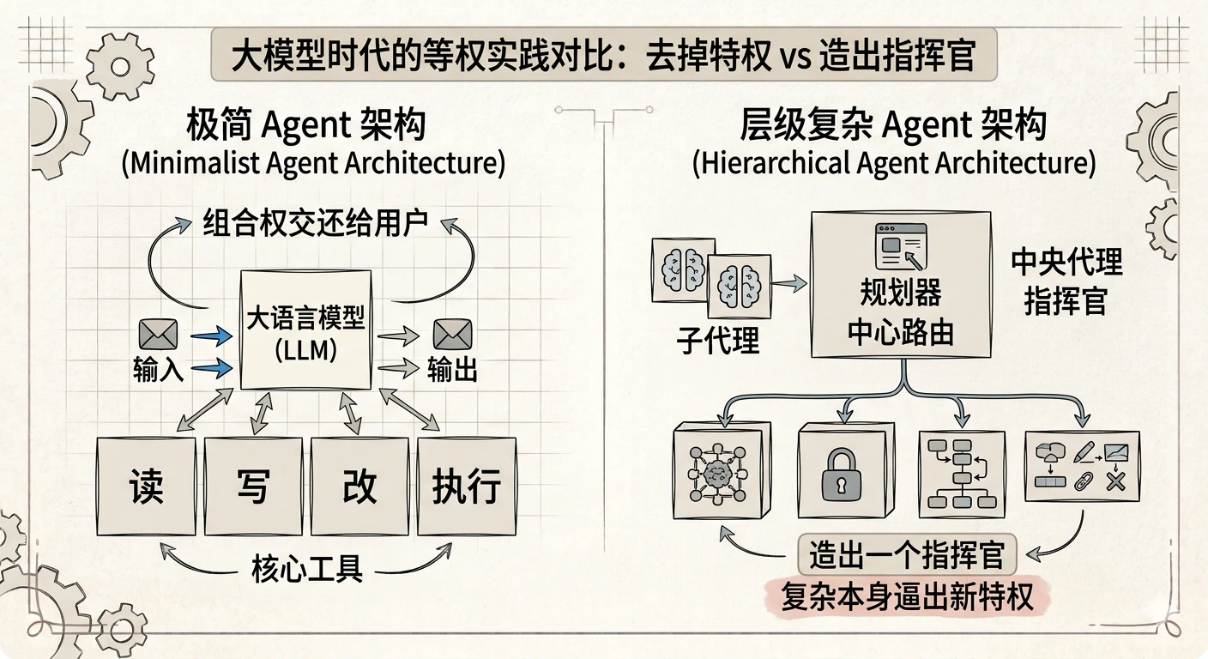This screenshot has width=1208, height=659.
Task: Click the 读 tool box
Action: (x=146, y=486)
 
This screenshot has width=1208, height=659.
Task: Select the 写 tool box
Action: (x=253, y=486)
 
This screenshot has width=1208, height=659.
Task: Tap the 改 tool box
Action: (x=359, y=486)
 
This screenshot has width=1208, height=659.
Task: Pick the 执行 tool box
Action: (x=467, y=486)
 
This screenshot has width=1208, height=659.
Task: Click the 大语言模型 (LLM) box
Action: (x=305, y=329)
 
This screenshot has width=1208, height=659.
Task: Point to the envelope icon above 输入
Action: (x=158, y=335)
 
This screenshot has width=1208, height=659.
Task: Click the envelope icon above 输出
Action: (x=452, y=335)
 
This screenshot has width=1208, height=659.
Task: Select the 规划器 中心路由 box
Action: (x=901, y=284)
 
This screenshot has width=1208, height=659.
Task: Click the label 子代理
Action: (x=718, y=341)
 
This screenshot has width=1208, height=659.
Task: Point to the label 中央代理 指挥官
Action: (x=1066, y=281)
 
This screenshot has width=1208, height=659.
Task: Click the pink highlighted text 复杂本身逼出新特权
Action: (x=907, y=596)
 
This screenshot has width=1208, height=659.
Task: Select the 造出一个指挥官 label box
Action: (x=907, y=555)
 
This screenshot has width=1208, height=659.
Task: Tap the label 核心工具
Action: (x=307, y=569)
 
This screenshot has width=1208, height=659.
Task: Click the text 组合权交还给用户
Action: (x=316, y=223)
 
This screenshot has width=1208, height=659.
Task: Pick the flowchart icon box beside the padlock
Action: (x=963, y=474)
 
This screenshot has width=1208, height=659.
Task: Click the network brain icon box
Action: (x=722, y=471)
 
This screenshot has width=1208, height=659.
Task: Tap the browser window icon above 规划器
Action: (x=901, y=246)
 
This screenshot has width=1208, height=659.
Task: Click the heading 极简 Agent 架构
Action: (x=306, y=124)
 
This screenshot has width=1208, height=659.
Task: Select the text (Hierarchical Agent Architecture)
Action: (x=894, y=163)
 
